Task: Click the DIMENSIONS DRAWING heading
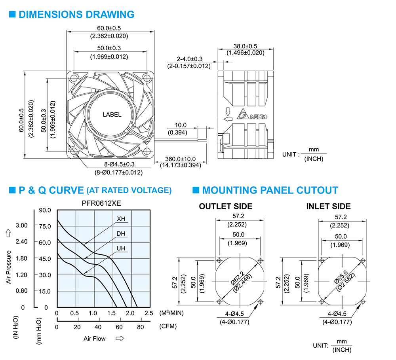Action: tap(76, 14)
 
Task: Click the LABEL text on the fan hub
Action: tap(112, 115)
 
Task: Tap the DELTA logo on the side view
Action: tap(251, 114)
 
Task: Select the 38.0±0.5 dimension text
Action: tap(245, 46)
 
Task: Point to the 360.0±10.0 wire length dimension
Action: tap(180, 159)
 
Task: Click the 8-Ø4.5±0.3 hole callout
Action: tap(120, 164)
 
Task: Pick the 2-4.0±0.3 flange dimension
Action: tap(189, 59)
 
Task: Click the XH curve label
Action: tap(121, 219)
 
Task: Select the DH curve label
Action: tap(121, 234)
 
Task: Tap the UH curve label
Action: tap(121, 248)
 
